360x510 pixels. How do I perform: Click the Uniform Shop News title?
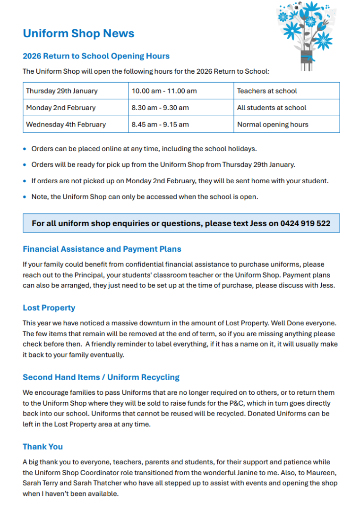pyautogui.click(x=78, y=34)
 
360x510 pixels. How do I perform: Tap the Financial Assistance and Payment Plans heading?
pyautogui.click(x=102, y=249)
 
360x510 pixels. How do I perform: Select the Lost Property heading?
pyautogui.click(x=49, y=308)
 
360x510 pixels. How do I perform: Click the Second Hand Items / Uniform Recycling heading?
pyautogui.click(x=101, y=377)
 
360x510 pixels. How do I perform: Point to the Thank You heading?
pyautogui.click(x=43, y=447)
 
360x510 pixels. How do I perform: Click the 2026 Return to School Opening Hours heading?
pyautogui.click(x=96, y=56)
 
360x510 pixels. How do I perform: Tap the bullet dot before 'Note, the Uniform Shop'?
pyautogui.click(x=25, y=197)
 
